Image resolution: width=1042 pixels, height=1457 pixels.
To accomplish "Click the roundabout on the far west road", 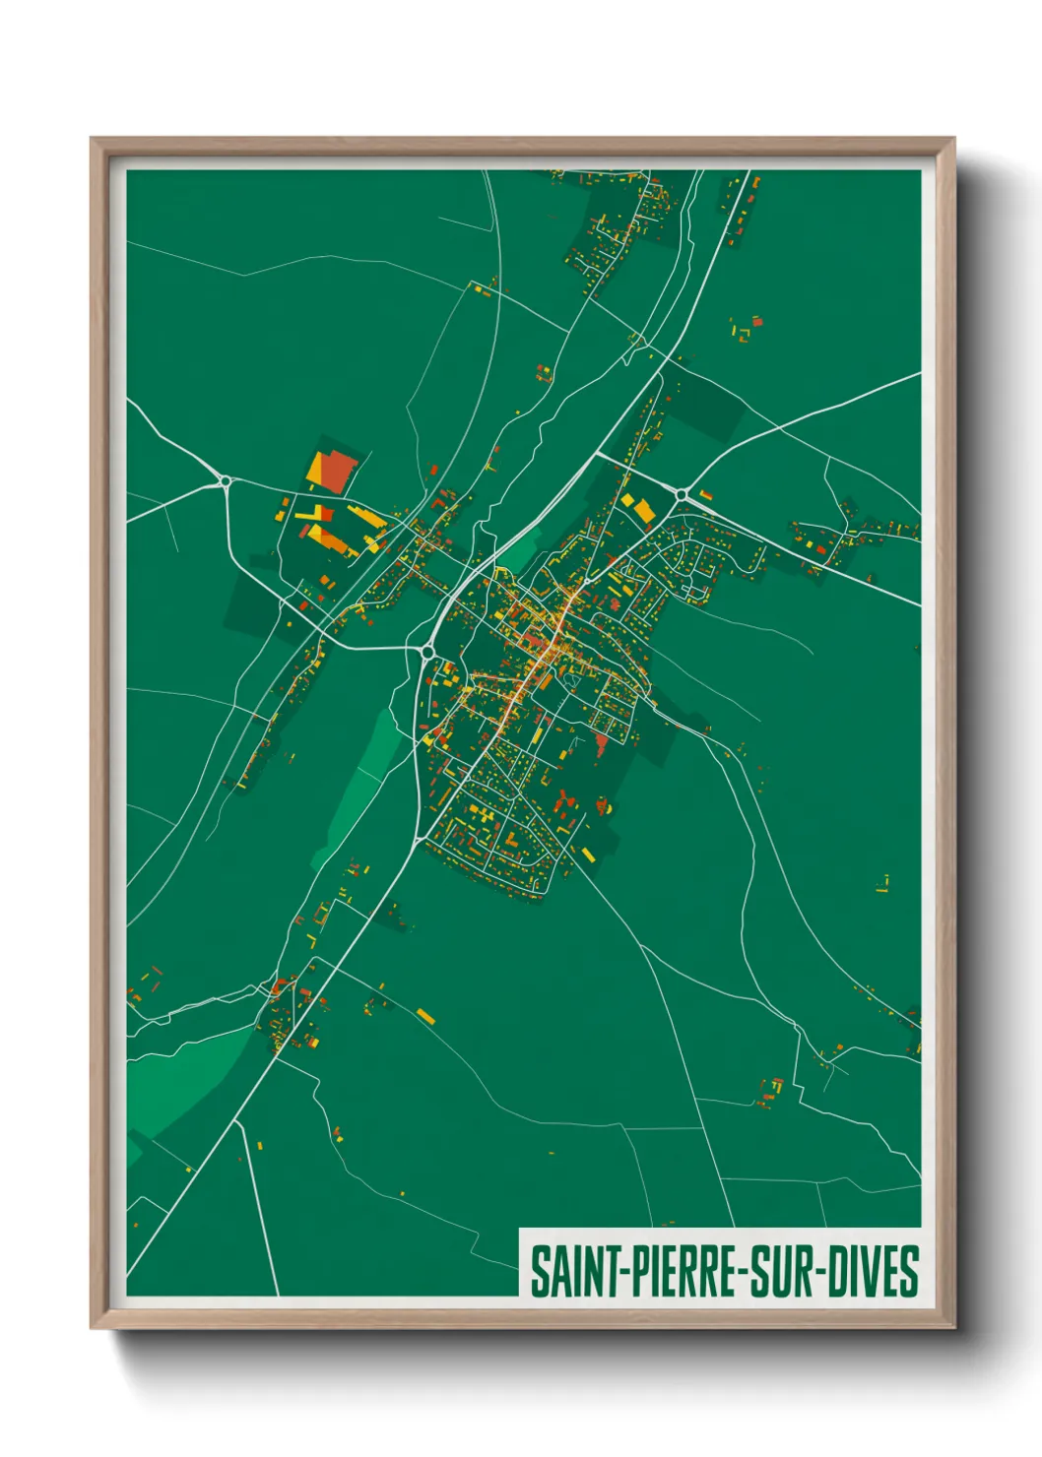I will pos(226,481).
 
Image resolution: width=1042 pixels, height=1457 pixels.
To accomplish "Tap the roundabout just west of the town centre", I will pos(428,651).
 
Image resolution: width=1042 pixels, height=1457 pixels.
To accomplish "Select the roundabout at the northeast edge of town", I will pos(681,493).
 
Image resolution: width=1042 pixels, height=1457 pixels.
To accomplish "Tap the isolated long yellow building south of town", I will pos(424,1014).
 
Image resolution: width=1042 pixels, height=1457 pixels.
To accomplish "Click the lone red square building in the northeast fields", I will pos(757,321).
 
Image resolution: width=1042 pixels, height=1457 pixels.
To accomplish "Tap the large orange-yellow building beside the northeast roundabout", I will pos(640,509).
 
